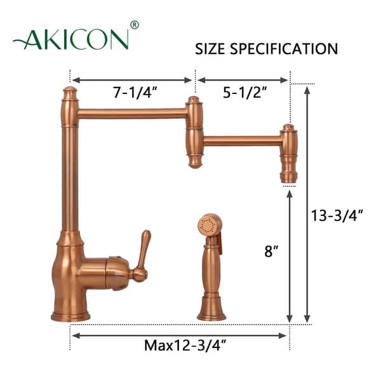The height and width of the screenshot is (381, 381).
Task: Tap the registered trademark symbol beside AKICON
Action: (134, 25)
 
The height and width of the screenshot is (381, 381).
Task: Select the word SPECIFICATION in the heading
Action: (286, 49)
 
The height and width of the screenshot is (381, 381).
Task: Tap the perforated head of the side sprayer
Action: (208, 225)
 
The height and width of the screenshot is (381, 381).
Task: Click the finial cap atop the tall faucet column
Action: (69, 94)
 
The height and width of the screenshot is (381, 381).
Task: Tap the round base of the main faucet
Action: (70, 314)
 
